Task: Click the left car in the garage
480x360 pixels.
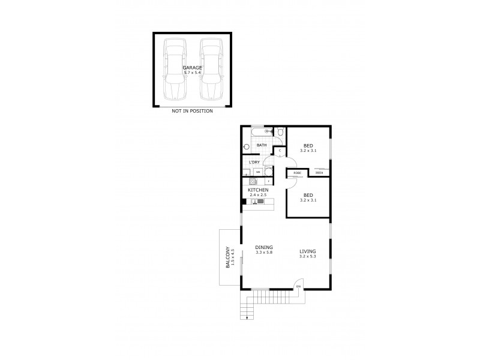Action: point(175,70)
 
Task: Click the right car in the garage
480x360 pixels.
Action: point(210,70)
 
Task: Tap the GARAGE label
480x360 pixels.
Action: point(192,68)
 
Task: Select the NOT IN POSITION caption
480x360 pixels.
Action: point(192,111)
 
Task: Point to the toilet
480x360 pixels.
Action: point(279,133)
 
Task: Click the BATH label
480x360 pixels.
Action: point(262,145)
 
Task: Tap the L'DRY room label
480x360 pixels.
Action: point(255,163)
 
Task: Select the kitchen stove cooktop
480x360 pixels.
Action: point(253,181)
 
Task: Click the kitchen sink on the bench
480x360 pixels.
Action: point(257,202)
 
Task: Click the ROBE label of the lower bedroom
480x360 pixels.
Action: point(296,173)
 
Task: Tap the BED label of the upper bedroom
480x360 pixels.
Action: point(308,146)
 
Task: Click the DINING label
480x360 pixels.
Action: point(264,247)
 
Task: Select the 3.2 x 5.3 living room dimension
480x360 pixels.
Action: point(308,257)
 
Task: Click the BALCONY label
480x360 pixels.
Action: point(227,258)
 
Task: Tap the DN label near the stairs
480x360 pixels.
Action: point(298,287)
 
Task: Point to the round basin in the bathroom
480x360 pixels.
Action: point(247,146)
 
